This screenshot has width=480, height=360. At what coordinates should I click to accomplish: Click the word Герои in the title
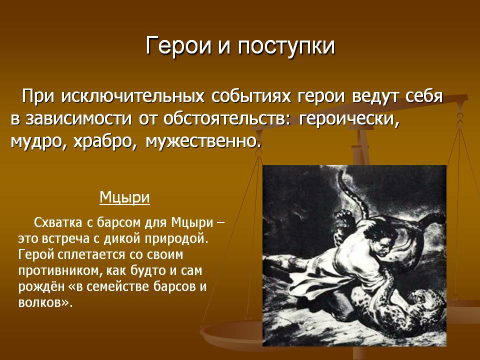point(178,46)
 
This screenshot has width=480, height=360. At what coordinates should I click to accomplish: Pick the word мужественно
point(203,141)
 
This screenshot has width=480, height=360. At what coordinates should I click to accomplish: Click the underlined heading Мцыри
point(124,197)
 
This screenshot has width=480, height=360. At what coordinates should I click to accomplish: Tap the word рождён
point(39,287)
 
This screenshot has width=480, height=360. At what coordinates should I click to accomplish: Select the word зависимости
point(78,119)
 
